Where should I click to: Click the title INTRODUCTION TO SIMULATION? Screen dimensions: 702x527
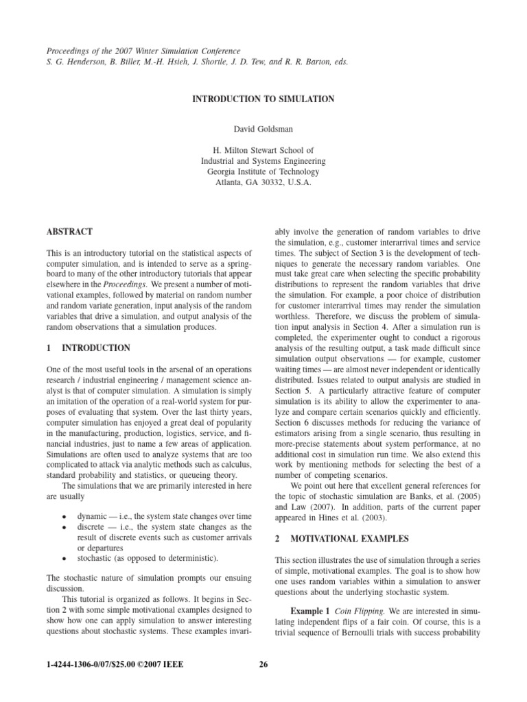point(263,99)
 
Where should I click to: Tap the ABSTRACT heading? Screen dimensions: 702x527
point(69,232)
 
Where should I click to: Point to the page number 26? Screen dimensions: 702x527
point(263,664)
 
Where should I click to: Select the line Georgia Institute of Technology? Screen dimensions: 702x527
point(263,173)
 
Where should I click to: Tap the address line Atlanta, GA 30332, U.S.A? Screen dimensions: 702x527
point(263,184)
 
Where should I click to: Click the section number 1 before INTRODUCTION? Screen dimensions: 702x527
point(49,348)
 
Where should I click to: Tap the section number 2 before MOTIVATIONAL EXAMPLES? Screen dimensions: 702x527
point(277,539)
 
